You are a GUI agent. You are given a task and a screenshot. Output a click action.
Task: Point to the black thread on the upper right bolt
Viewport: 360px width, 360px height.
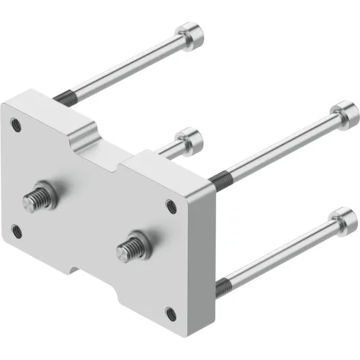(217, 176)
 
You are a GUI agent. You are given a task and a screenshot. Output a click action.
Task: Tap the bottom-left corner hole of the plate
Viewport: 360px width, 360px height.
(18, 234)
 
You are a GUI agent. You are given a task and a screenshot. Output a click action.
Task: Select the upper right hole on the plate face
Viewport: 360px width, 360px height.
(171, 206)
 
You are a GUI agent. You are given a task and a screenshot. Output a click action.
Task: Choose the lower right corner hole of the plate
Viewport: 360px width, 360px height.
(170, 314)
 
